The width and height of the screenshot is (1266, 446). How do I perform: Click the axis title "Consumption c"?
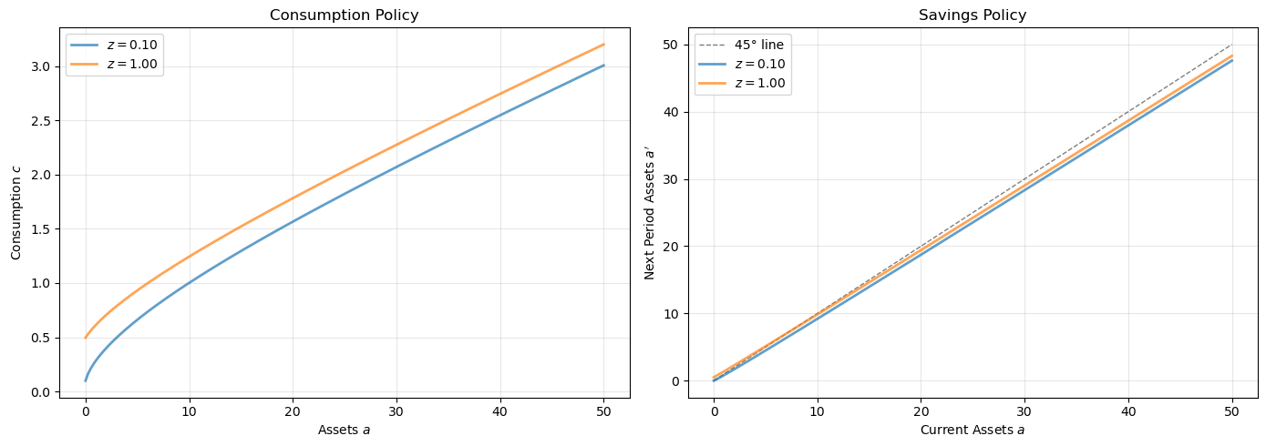tap(15, 215)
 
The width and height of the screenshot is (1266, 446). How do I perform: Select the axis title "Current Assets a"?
tap(973, 429)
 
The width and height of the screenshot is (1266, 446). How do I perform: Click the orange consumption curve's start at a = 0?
tap(86, 338)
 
